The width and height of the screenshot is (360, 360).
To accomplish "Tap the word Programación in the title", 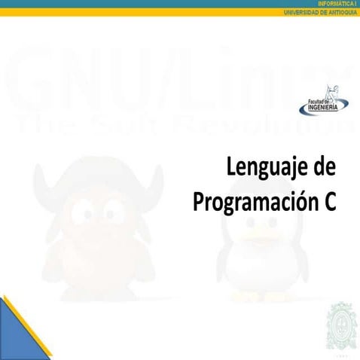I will pos(247,202).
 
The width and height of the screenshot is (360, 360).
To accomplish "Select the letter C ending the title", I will pos(328,201).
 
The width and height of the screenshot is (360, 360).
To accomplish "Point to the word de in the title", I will pos(322,167).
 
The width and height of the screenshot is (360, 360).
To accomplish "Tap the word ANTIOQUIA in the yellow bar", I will pos(340,12).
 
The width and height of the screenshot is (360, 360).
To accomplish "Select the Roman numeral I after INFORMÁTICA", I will pos(356,4).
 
